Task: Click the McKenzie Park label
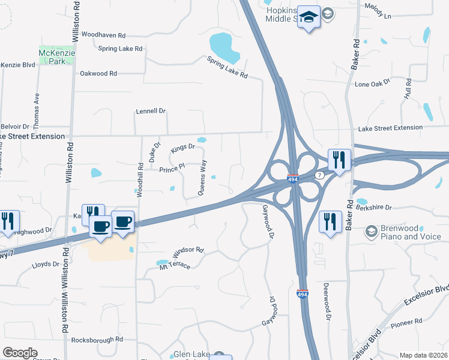coord(56,57)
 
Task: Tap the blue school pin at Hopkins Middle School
coord(309,19)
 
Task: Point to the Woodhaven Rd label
coord(103,35)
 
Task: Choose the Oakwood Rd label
coord(98,73)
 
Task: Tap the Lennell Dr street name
coord(151,111)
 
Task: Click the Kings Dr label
coord(183,147)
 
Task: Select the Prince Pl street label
coord(171,169)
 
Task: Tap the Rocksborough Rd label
coord(97,340)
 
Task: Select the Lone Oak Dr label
coord(369,85)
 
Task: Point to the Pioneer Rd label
coord(406,323)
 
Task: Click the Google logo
coord(20,353)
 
